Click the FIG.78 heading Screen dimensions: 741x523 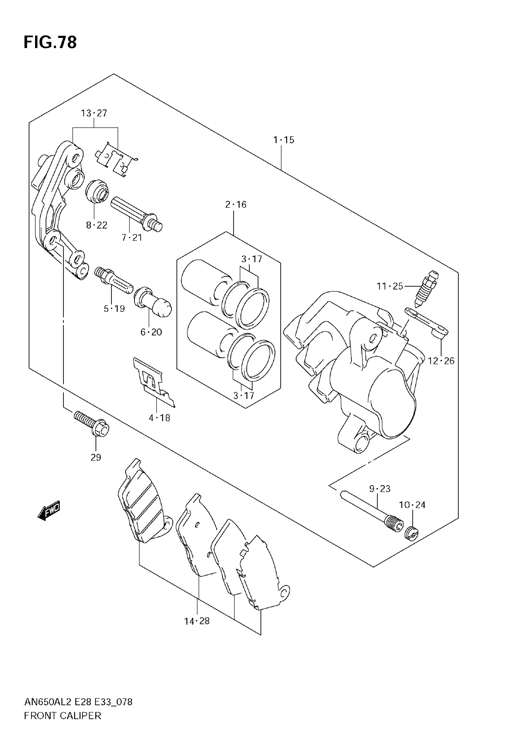(50, 42)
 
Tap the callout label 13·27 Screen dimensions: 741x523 (94, 113)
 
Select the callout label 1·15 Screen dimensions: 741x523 (284, 140)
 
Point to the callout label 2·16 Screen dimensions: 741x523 (236, 205)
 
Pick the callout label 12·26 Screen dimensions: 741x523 (441, 361)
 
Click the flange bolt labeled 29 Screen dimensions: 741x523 (92, 423)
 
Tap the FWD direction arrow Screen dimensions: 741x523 (49, 510)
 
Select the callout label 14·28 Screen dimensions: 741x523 (197, 621)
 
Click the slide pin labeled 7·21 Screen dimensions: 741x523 (135, 213)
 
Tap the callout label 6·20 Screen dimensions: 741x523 (151, 332)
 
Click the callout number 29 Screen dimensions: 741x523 (96, 457)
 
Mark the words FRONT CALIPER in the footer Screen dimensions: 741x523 (62, 715)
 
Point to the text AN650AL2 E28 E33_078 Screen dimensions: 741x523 (78, 702)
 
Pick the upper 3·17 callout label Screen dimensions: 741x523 (252, 259)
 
